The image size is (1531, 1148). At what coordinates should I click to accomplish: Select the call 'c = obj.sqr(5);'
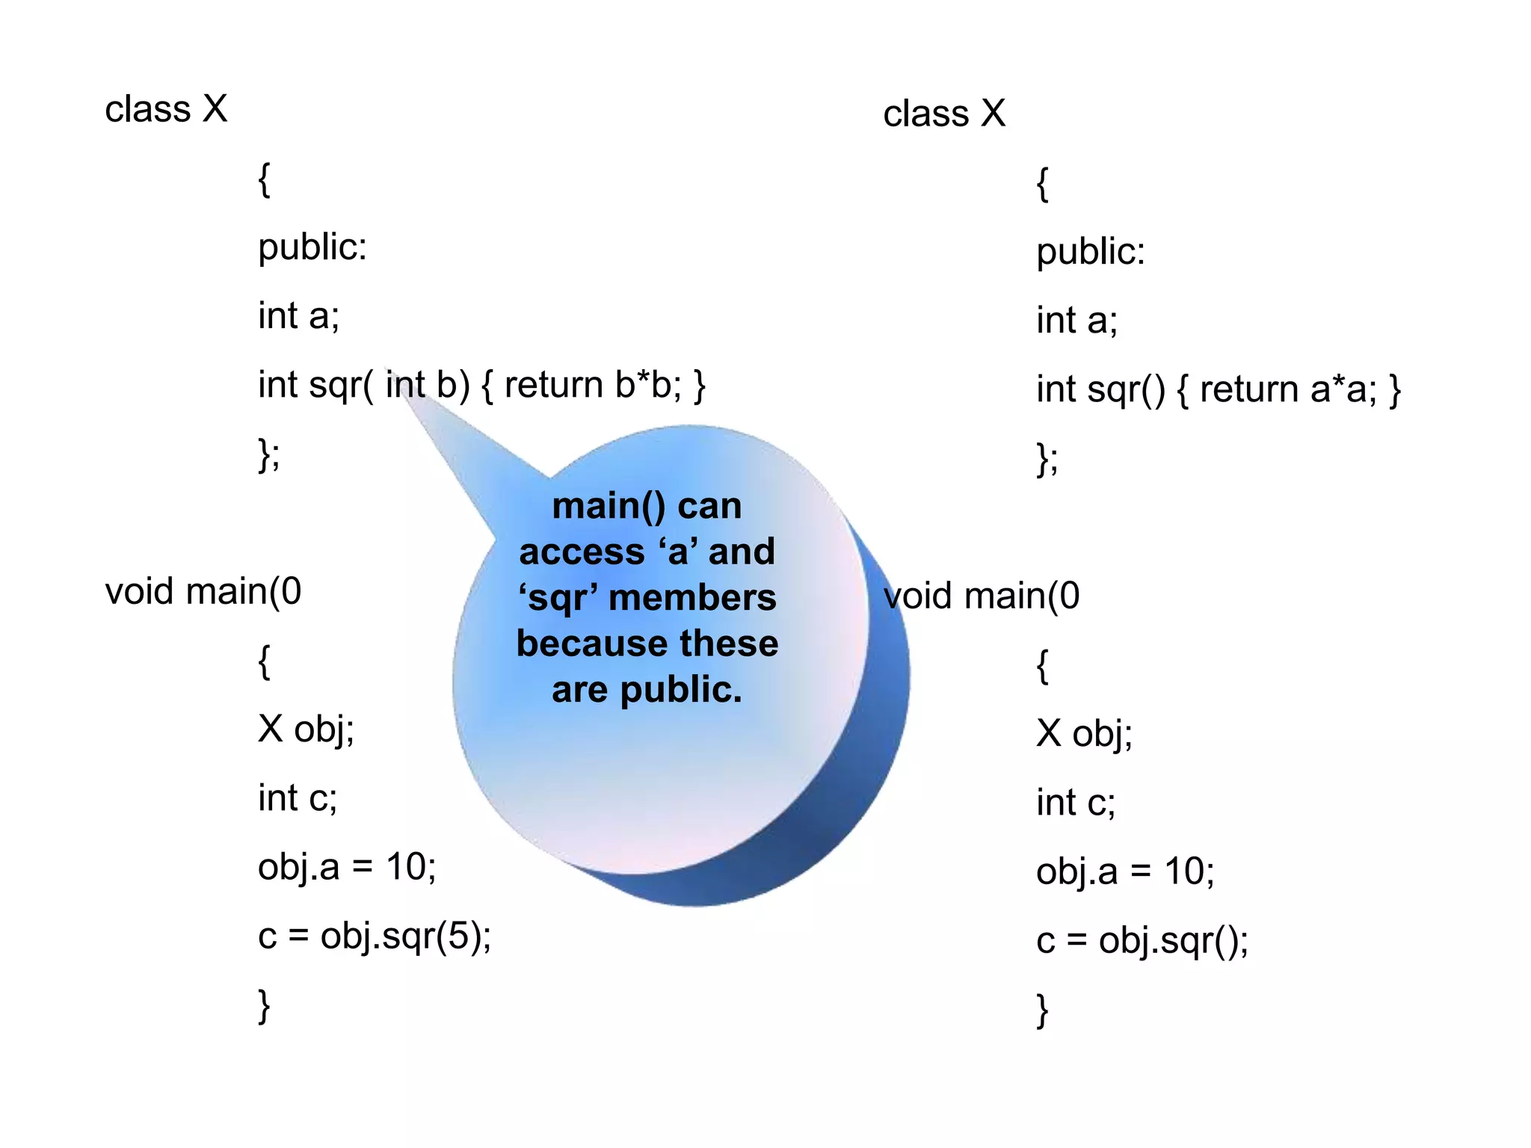(375, 936)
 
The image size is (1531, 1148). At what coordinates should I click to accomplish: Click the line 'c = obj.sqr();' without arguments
(1142, 941)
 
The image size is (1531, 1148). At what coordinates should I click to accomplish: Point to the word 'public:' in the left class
(312, 247)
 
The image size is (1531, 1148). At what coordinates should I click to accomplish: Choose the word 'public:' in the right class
(1090, 252)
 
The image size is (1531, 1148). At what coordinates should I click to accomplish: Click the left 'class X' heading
(166, 110)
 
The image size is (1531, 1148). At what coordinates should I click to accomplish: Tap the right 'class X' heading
(944, 114)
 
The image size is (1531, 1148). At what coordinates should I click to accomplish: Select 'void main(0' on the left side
(203, 592)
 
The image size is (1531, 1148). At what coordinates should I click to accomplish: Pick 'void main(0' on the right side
(982, 596)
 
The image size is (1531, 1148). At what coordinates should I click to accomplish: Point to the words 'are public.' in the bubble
(647, 690)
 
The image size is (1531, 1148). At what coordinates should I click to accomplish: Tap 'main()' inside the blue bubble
(609, 507)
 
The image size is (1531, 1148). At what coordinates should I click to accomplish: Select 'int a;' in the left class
(298, 316)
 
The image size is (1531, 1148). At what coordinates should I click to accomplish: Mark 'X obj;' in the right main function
(1084, 734)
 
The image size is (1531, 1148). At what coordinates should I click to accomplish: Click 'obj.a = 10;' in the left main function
(347, 868)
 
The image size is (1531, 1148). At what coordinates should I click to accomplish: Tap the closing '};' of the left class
(269, 454)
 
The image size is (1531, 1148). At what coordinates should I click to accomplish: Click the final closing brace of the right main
(1042, 1010)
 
